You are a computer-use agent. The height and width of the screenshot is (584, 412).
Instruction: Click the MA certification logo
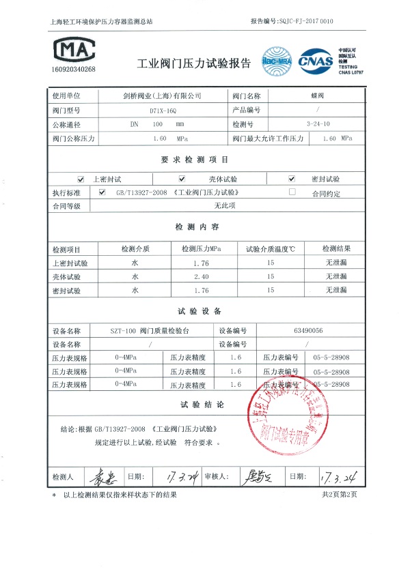tap(74, 49)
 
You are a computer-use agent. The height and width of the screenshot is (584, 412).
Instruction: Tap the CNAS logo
tap(315, 60)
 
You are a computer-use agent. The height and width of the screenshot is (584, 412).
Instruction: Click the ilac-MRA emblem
tap(276, 61)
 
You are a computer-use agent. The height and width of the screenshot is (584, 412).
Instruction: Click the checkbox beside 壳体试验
tap(182, 179)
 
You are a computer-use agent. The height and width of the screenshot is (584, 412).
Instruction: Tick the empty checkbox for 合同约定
tap(292, 192)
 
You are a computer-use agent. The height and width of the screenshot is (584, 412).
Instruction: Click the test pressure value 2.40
tap(201, 276)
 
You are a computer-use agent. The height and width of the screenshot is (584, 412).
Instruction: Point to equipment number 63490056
tap(307, 330)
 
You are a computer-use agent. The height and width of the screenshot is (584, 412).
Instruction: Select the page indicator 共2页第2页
tap(339, 495)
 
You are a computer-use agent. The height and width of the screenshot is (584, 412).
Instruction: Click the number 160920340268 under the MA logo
tap(74, 70)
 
